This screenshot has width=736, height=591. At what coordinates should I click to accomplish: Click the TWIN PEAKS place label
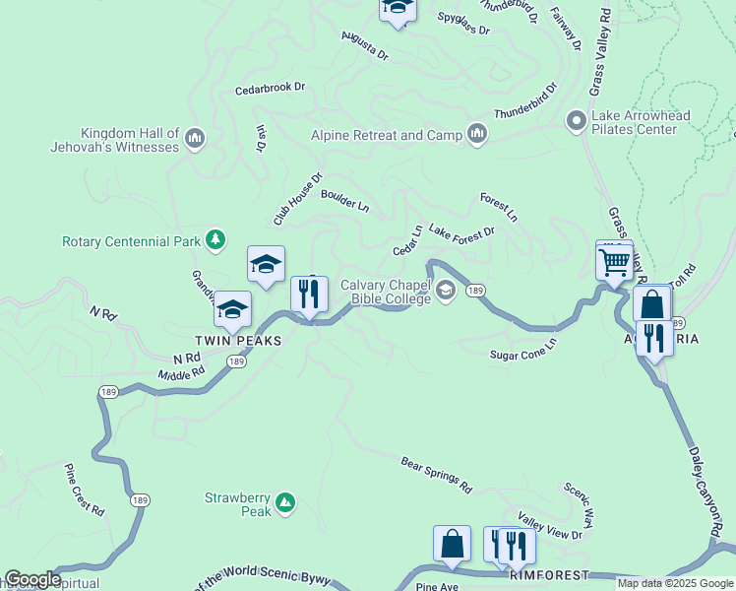[x=237, y=340]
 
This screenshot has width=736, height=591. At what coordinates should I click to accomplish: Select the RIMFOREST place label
[x=549, y=574]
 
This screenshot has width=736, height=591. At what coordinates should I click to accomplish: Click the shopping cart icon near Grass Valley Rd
[x=614, y=263]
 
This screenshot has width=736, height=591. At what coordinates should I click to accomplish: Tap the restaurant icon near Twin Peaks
[x=309, y=294]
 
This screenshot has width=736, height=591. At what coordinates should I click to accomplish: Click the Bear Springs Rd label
[x=437, y=475]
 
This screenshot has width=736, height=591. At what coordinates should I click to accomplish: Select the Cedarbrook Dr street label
[x=270, y=88]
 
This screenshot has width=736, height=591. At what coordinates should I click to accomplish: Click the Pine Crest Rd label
[x=85, y=490]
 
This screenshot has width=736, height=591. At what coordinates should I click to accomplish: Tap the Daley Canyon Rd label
[x=709, y=484]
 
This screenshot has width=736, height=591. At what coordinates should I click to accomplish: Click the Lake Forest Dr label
[x=460, y=232]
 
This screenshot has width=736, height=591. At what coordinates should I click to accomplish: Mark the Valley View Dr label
[x=550, y=528]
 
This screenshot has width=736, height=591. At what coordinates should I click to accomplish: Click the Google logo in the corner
[x=32, y=579]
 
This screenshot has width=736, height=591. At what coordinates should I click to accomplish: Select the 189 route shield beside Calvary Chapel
[x=475, y=290]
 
